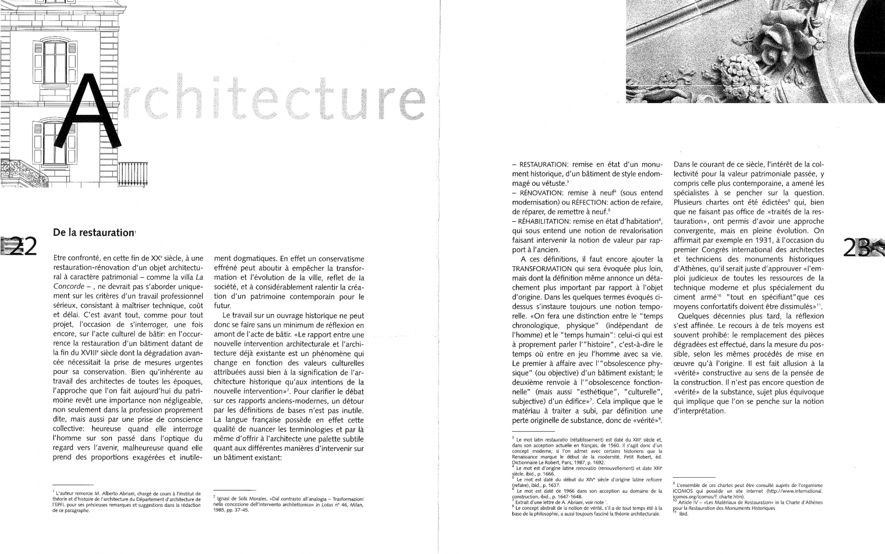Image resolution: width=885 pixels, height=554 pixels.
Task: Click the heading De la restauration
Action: (93, 232)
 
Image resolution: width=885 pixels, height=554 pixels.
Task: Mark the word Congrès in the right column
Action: (716, 249)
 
